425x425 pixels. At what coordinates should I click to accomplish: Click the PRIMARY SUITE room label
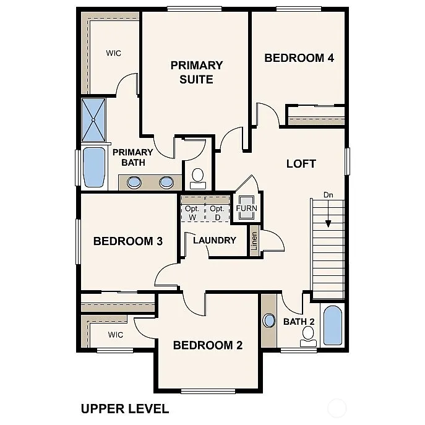click(196, 72)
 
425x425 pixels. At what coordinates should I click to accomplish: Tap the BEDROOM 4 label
click(299, 58)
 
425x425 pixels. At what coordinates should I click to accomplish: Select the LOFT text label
click(301, 164)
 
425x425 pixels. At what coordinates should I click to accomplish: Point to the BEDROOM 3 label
click(127, 241)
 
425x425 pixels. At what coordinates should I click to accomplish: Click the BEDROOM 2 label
click(207, 345)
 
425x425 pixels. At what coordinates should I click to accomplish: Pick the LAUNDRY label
click(214, 240)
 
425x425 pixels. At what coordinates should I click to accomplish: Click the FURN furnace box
click(246, 208)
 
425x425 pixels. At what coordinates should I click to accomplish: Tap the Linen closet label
click(254, 240)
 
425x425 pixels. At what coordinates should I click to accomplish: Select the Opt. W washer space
click(192, 212)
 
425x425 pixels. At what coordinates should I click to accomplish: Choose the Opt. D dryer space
click(217, 212)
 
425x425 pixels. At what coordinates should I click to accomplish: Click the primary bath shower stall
click(95, 119)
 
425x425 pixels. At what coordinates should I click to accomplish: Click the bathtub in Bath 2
click(332, 325)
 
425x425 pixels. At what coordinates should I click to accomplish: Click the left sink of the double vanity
click(134, 182)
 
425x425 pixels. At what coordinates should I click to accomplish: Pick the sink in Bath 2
click(268, 321)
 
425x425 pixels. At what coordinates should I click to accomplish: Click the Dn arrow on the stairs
click(328, 213)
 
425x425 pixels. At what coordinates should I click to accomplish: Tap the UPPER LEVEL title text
click(124, 408)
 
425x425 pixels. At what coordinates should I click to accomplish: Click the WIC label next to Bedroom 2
click(116, 335)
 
